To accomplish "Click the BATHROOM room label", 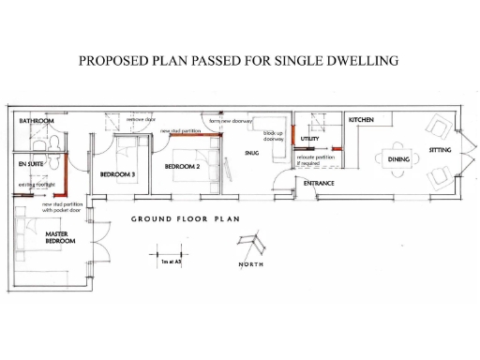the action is tap(37, 122).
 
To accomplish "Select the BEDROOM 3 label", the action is tap(118, 174).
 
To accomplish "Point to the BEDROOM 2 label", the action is tap(183, 166).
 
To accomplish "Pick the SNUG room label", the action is tap(252, 153).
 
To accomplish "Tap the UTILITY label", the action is tap(310, 139).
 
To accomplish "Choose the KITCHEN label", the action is tap(362, 121).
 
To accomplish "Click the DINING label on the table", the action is tap(400, 159).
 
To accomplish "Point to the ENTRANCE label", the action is tap(319, 183).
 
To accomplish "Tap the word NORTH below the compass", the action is tap(250, 265).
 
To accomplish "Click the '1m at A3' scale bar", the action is tap(170, 255).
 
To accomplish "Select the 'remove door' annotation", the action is tap(142, 121).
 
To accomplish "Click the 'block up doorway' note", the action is tap(274, 137).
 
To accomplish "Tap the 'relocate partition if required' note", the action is tap(311, 159).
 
